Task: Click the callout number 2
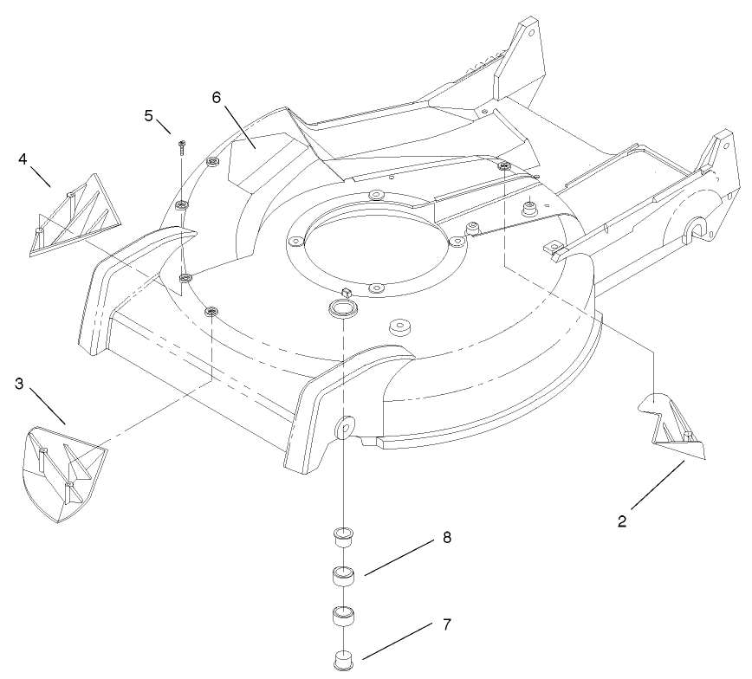[622, 523]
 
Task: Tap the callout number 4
[23, 158]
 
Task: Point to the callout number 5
[148, 114]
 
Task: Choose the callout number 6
[217, 97]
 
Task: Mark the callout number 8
[446, 538]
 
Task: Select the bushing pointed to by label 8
[345, 575]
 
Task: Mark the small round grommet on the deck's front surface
[400, 327]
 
